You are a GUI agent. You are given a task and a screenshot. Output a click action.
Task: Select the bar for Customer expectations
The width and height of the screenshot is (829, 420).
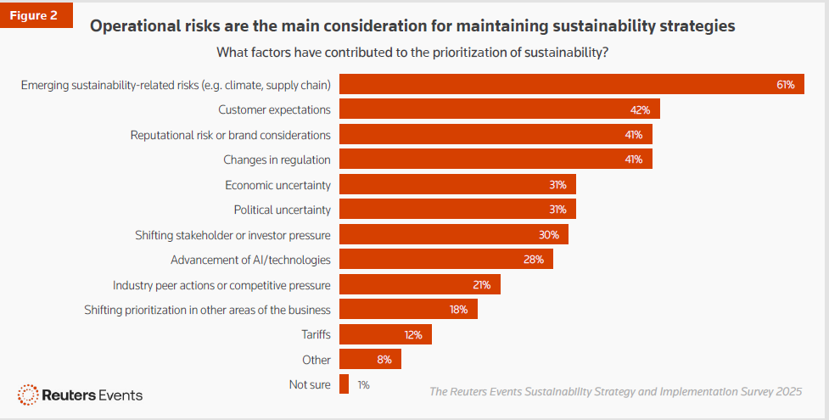[x=499, y=109]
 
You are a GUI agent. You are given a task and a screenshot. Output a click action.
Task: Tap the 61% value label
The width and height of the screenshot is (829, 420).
[x=785, y=85]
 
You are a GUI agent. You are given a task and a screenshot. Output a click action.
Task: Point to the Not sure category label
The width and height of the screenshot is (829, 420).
[x=310, y=384]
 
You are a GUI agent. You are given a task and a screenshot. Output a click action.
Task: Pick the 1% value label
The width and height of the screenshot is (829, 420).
[x=363, y=384]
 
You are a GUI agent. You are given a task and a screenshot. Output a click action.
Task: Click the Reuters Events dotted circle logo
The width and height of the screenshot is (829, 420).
[x=28, y=395]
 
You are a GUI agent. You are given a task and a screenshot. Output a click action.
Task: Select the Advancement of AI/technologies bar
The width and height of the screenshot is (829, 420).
[x=445, y=259]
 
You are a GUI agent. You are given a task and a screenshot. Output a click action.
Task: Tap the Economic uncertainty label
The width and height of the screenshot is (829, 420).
[x=277, y=185]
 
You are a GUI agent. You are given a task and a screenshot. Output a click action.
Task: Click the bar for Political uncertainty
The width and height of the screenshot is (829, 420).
[x=457, y=210]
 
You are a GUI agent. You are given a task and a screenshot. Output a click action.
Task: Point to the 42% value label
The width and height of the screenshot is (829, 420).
[x=640, y=109]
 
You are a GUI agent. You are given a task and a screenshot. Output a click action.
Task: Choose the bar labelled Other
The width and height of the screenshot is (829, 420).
[x=370, y=359]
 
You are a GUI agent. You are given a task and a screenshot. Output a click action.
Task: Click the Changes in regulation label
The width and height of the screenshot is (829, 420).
[x=277, y=160]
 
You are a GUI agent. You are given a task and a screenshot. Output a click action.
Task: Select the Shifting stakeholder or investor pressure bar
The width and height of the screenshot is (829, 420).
[x=453, y=234]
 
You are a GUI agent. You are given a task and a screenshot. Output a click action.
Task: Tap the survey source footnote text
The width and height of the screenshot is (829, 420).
[x=615, y=391]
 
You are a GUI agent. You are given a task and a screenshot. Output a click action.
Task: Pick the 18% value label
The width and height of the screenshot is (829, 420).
[x=459, y=309]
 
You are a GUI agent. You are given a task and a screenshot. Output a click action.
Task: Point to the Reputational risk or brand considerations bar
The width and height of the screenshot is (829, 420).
[x=496, y=135]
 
